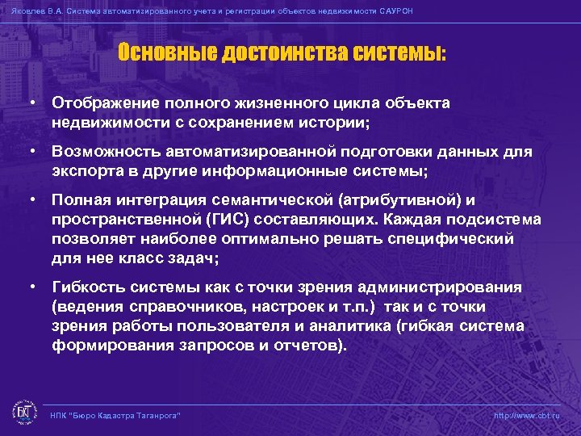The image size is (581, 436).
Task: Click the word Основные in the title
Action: [157, 54]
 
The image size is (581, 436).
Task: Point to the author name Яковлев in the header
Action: [25, 11]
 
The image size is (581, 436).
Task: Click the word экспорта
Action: [84, 170]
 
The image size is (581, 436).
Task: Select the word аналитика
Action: [378, 326]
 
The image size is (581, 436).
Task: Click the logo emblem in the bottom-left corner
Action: [23, 412]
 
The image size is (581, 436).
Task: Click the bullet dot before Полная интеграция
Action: [30, 199]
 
